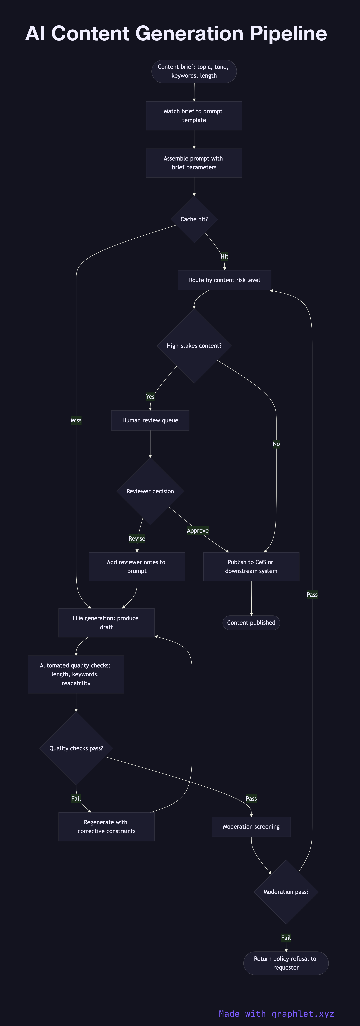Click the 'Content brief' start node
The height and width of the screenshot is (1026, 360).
click(194, 71)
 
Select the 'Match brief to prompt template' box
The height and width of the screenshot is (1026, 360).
click(194, 116)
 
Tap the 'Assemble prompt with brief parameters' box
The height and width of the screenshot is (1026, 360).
click(194, 163)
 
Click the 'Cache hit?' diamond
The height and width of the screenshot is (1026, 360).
click(194, 219)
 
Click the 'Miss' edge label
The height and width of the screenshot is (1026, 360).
click(76, 420)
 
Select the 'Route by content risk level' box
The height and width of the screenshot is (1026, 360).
click(224, 280)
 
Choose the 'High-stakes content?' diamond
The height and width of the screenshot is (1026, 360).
click(194, 346)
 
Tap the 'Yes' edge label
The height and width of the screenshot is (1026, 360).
click(150, 396)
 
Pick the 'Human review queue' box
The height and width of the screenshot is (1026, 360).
click(150, 420)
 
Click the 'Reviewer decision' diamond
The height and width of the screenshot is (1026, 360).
click(150, 491)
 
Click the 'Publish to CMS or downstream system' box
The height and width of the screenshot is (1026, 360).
click(251, 566)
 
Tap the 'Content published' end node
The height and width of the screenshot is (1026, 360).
click(251, 622)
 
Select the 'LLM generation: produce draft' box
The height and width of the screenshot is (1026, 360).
click(106, 622)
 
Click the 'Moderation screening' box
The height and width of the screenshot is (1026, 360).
click(251, 826)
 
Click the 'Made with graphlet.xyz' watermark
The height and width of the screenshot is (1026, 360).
click(276, 1014)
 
